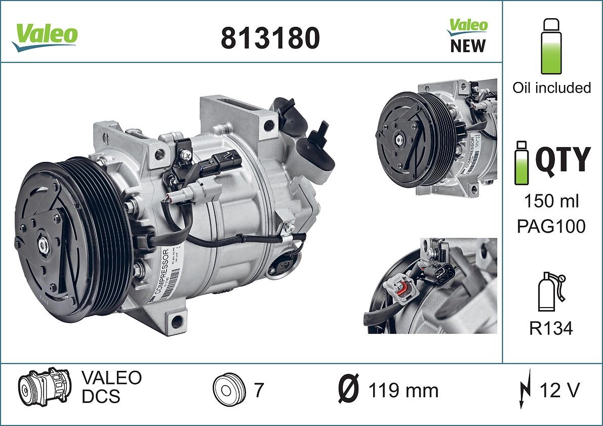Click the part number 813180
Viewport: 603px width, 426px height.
270,38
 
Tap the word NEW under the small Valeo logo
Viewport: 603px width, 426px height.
467,46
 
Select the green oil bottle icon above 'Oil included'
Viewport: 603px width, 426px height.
551,47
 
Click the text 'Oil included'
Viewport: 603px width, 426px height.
551,88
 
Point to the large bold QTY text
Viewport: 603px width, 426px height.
562,159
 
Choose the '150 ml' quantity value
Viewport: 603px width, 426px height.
551,201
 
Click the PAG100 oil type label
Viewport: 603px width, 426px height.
551,226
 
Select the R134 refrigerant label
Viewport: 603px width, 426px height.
551,328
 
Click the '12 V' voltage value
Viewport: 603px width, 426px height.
559,390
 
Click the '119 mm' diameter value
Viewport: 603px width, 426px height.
403,391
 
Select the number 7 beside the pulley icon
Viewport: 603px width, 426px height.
259,390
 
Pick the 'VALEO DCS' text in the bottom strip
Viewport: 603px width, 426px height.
111,387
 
